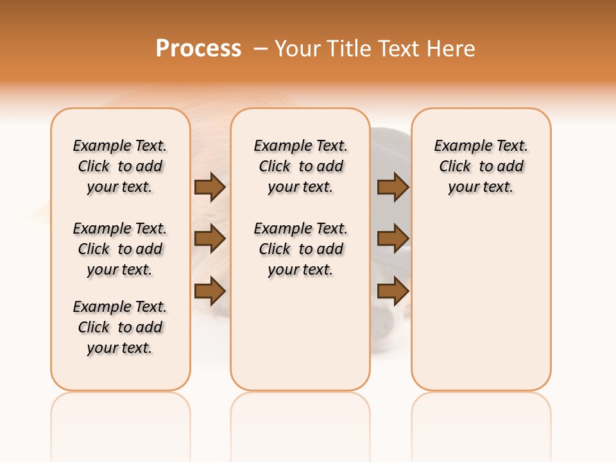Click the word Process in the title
(198, 48)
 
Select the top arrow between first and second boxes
(210, 187)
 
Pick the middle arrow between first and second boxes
(210, 239)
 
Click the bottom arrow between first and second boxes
(210, 291)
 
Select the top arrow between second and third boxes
(393, 187)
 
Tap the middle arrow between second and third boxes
(393, 239)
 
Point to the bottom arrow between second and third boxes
(393, 291)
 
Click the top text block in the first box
(120, 166)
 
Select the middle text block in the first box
(120, 249)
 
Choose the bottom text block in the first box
(120, 327)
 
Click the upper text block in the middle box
(301, 166)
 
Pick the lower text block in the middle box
(301, 249)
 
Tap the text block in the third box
(481, 166)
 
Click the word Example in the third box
(458, 146)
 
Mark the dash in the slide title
(261, 48)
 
